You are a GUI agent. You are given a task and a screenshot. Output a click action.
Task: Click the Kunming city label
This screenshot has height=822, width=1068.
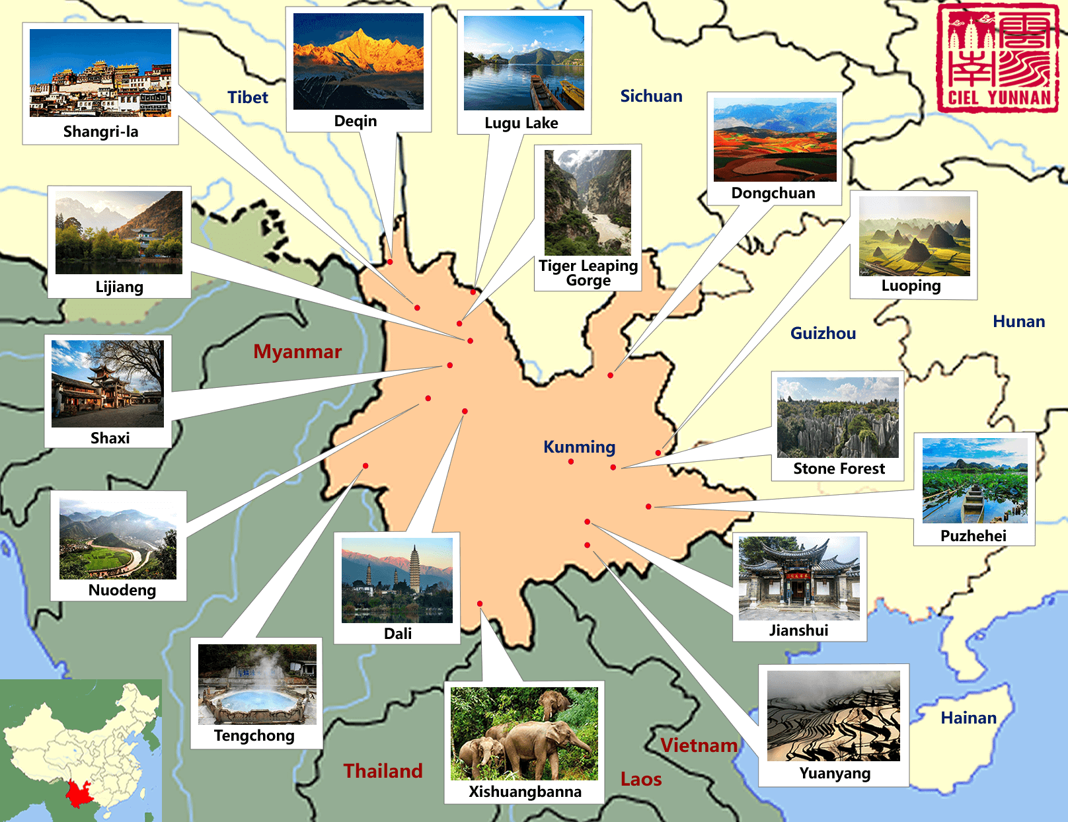point(579,447)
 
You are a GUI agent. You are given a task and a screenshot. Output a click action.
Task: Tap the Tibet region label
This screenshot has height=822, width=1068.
point(248,98)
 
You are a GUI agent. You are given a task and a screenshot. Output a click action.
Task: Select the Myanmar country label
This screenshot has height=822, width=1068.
point(297,352)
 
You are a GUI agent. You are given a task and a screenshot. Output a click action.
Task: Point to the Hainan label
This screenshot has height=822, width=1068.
point(968,718)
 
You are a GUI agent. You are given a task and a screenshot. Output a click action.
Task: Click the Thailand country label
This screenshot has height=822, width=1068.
point(383,771)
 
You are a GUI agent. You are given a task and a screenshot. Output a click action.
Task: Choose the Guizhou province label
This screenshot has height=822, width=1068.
point(823,333)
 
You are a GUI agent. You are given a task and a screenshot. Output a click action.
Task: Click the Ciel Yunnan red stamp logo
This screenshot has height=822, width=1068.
point(997,58)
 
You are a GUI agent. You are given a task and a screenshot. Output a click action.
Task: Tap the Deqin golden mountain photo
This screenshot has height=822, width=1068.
point(358,61)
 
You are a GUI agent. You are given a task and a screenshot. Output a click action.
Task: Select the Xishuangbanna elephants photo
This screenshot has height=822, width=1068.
point(524,733)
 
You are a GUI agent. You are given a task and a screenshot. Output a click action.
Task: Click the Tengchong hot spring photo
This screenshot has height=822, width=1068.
point(257,685)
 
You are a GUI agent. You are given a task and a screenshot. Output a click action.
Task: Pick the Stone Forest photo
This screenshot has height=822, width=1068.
point(837,418)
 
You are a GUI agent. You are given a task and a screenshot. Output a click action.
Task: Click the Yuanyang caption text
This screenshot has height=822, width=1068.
point(835,773)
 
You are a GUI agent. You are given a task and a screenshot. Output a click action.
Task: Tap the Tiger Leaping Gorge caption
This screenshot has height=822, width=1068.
point(588,273)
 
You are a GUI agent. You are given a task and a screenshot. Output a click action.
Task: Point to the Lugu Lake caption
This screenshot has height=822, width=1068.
point(521,123)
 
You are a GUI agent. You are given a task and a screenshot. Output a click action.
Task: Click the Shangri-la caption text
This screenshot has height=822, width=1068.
point(101,131)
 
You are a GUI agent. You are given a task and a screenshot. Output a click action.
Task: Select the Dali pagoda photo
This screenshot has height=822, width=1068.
point(397,580)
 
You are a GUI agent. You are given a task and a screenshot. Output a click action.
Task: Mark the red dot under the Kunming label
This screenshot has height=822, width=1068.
point(571,462)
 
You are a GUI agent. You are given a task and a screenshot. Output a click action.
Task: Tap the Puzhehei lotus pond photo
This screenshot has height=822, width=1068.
point(975,480)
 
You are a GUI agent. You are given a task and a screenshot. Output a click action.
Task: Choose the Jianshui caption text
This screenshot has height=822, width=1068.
point(798,630)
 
